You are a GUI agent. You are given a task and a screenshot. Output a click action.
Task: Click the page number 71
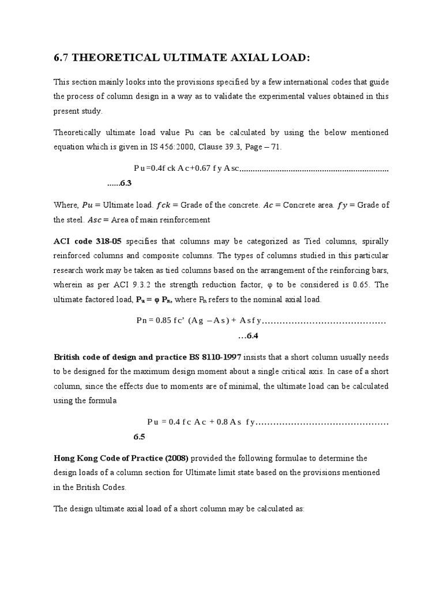(276, 147)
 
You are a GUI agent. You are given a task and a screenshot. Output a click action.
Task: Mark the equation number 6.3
(126, 183)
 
